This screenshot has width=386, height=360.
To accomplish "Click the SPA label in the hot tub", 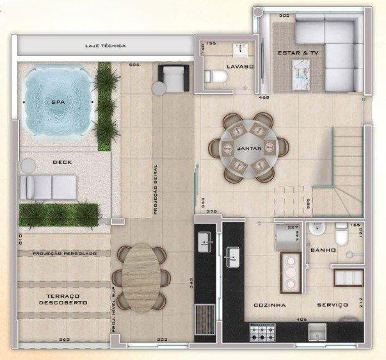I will tap(56, 102).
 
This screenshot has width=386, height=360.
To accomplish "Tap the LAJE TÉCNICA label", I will tap(106, 46).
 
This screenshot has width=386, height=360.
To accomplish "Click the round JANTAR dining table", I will tap(246, 148).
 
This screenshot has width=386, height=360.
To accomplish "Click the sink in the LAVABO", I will tap(241, 49).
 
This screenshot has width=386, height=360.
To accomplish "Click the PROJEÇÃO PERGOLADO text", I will tap(65, 254).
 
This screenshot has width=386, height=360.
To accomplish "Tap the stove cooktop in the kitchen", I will tap(262, 332).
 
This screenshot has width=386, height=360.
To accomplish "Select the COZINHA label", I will tap(269, 306).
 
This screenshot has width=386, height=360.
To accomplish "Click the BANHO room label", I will tap(323, 249).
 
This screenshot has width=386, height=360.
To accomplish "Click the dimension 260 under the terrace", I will tap(64, 340).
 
